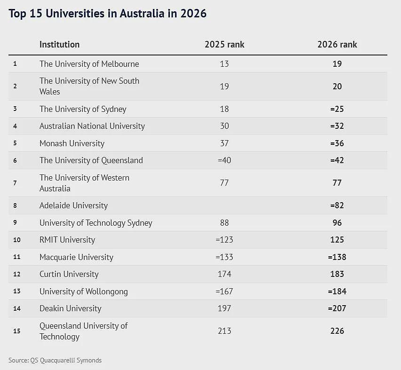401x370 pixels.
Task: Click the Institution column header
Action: (59, 45)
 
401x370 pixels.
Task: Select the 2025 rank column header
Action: (225, 45)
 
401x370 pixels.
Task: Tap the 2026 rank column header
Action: (337, 45)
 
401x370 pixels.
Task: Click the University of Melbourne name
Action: (89, 64)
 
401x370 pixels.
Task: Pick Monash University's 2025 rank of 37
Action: (225, 143)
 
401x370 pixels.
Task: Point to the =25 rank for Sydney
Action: (337, 109)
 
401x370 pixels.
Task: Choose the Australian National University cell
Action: (92, 126)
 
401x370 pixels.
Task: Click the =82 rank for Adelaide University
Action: (337, 205)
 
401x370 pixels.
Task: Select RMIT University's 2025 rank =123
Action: (225, 240)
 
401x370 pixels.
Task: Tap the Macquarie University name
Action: (76, 257)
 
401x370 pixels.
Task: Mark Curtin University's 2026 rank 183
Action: (337, 274)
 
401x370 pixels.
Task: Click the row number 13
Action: (17, 291)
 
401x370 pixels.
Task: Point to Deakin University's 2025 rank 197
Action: (225, 308)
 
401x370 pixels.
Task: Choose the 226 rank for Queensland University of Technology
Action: (337, 331)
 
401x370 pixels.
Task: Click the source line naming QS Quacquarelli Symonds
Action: (55, 360)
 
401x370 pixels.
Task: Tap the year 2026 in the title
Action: (193, 13)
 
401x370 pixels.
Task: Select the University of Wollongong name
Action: (84, 291)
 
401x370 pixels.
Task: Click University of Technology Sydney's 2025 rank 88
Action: (225, 223)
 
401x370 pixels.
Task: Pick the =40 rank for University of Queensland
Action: (225, 160)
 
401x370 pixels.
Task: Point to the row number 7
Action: (15, 183)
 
